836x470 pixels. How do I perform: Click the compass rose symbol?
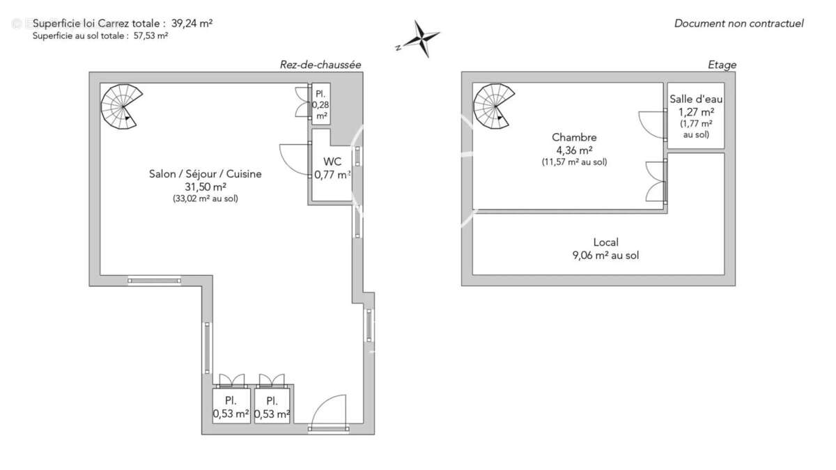click(x=421, y=38)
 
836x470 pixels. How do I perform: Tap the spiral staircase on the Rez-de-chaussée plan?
click(x=121, y=107)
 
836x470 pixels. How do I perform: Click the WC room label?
click(x=332, y=162)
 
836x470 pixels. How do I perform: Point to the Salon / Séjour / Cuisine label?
click(x=206, y=174)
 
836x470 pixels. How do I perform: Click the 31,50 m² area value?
click(x=206, y=187)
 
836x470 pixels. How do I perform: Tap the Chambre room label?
click(x=574, y=137)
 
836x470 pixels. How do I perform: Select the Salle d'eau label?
click(x=696, y=99)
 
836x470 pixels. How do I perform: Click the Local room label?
click(x=605, y=242)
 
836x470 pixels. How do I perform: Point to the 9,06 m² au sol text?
click(x=605, y=256)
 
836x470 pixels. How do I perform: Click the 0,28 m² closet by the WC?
click(x=321, y=104)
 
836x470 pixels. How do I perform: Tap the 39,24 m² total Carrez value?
click(x=192, y=24)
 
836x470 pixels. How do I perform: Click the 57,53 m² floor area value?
click(x=150, y=36)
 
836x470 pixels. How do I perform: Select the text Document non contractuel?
click(x=738, y=24)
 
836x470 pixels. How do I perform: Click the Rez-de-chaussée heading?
click(x=320, y=65)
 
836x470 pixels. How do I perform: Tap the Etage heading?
click(x=722, y=65)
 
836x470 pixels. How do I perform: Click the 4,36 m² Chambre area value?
click(x=574, y=150)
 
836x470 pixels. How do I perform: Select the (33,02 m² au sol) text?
click(x=206, y=198)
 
